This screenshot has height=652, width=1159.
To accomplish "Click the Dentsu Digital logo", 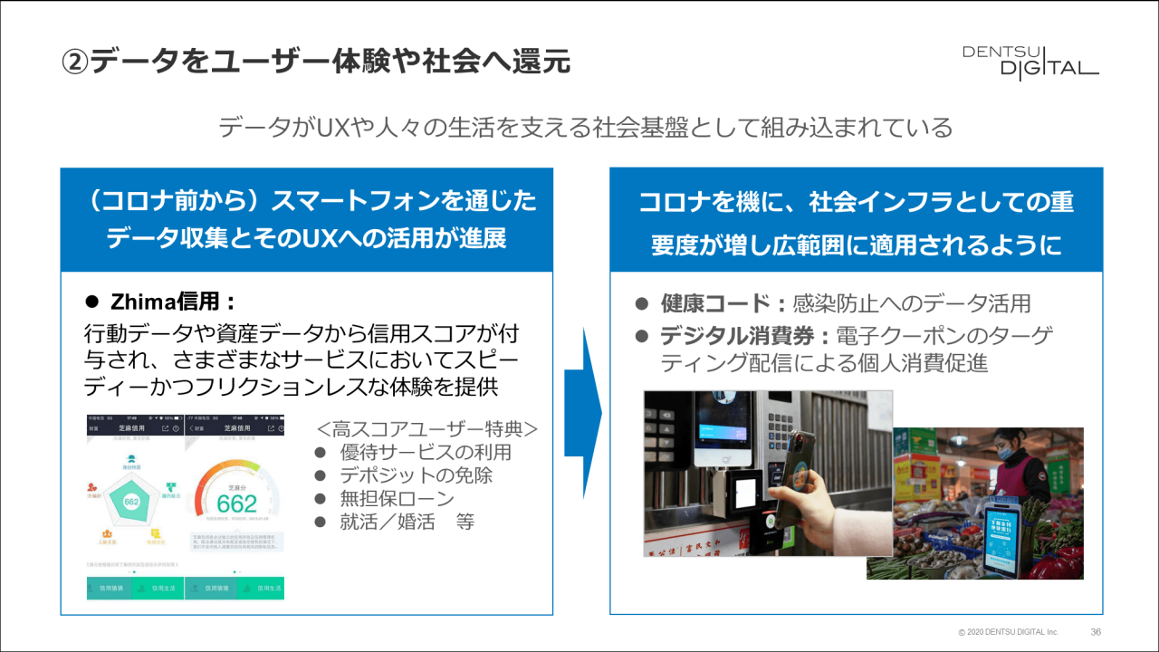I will [1030, 62].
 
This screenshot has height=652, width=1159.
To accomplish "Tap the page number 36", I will [1096, 631].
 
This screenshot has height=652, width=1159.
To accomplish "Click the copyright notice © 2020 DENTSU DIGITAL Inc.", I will [1008, 631].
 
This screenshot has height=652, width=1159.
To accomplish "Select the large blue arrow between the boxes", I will [582, 413].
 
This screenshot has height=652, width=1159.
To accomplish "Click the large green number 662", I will [236, 503].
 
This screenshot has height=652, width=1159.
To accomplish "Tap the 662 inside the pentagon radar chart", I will [131, 502].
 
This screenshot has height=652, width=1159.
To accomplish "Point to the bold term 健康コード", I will [714, 303].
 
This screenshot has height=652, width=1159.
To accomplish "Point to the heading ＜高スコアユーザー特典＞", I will [427, 427].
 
